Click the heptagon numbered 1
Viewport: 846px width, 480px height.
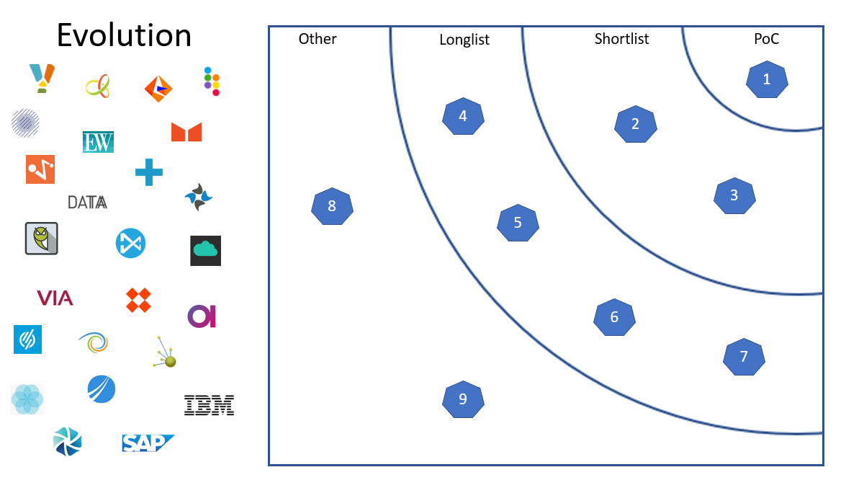[x=767, y=80]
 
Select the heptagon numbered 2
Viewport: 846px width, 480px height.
[x=635, y=124]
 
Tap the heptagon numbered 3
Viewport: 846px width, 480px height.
[x=734, y=195]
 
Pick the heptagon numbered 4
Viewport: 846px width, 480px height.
[x=463, y=116]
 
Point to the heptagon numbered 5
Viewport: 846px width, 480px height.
[x=518, y=223]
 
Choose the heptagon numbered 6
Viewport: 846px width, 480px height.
[x=614, y=317]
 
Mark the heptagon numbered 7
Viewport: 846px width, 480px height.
[x=744, y=357]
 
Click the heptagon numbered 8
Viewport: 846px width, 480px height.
[x=332, y=207]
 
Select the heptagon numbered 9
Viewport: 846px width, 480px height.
[x=463, y=399]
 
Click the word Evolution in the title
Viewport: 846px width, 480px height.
[x=124, y=35]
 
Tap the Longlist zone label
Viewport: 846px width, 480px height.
[x=464, y=40]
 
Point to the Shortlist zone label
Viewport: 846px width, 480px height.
[x=621, y=39]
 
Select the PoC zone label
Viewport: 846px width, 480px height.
[x=766, y=39]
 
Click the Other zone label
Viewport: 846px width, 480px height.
[x=318, y=39]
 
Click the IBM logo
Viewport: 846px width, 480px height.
[x=209, y=405]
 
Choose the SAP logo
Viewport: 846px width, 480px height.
[x=148, y=443]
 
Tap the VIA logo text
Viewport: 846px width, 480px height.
[x=55, y=298]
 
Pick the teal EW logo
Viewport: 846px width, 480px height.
[x=98, y=142]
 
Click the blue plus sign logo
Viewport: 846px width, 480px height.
[x=149, y=172]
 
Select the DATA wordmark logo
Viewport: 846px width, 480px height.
[x=87, y=203]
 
